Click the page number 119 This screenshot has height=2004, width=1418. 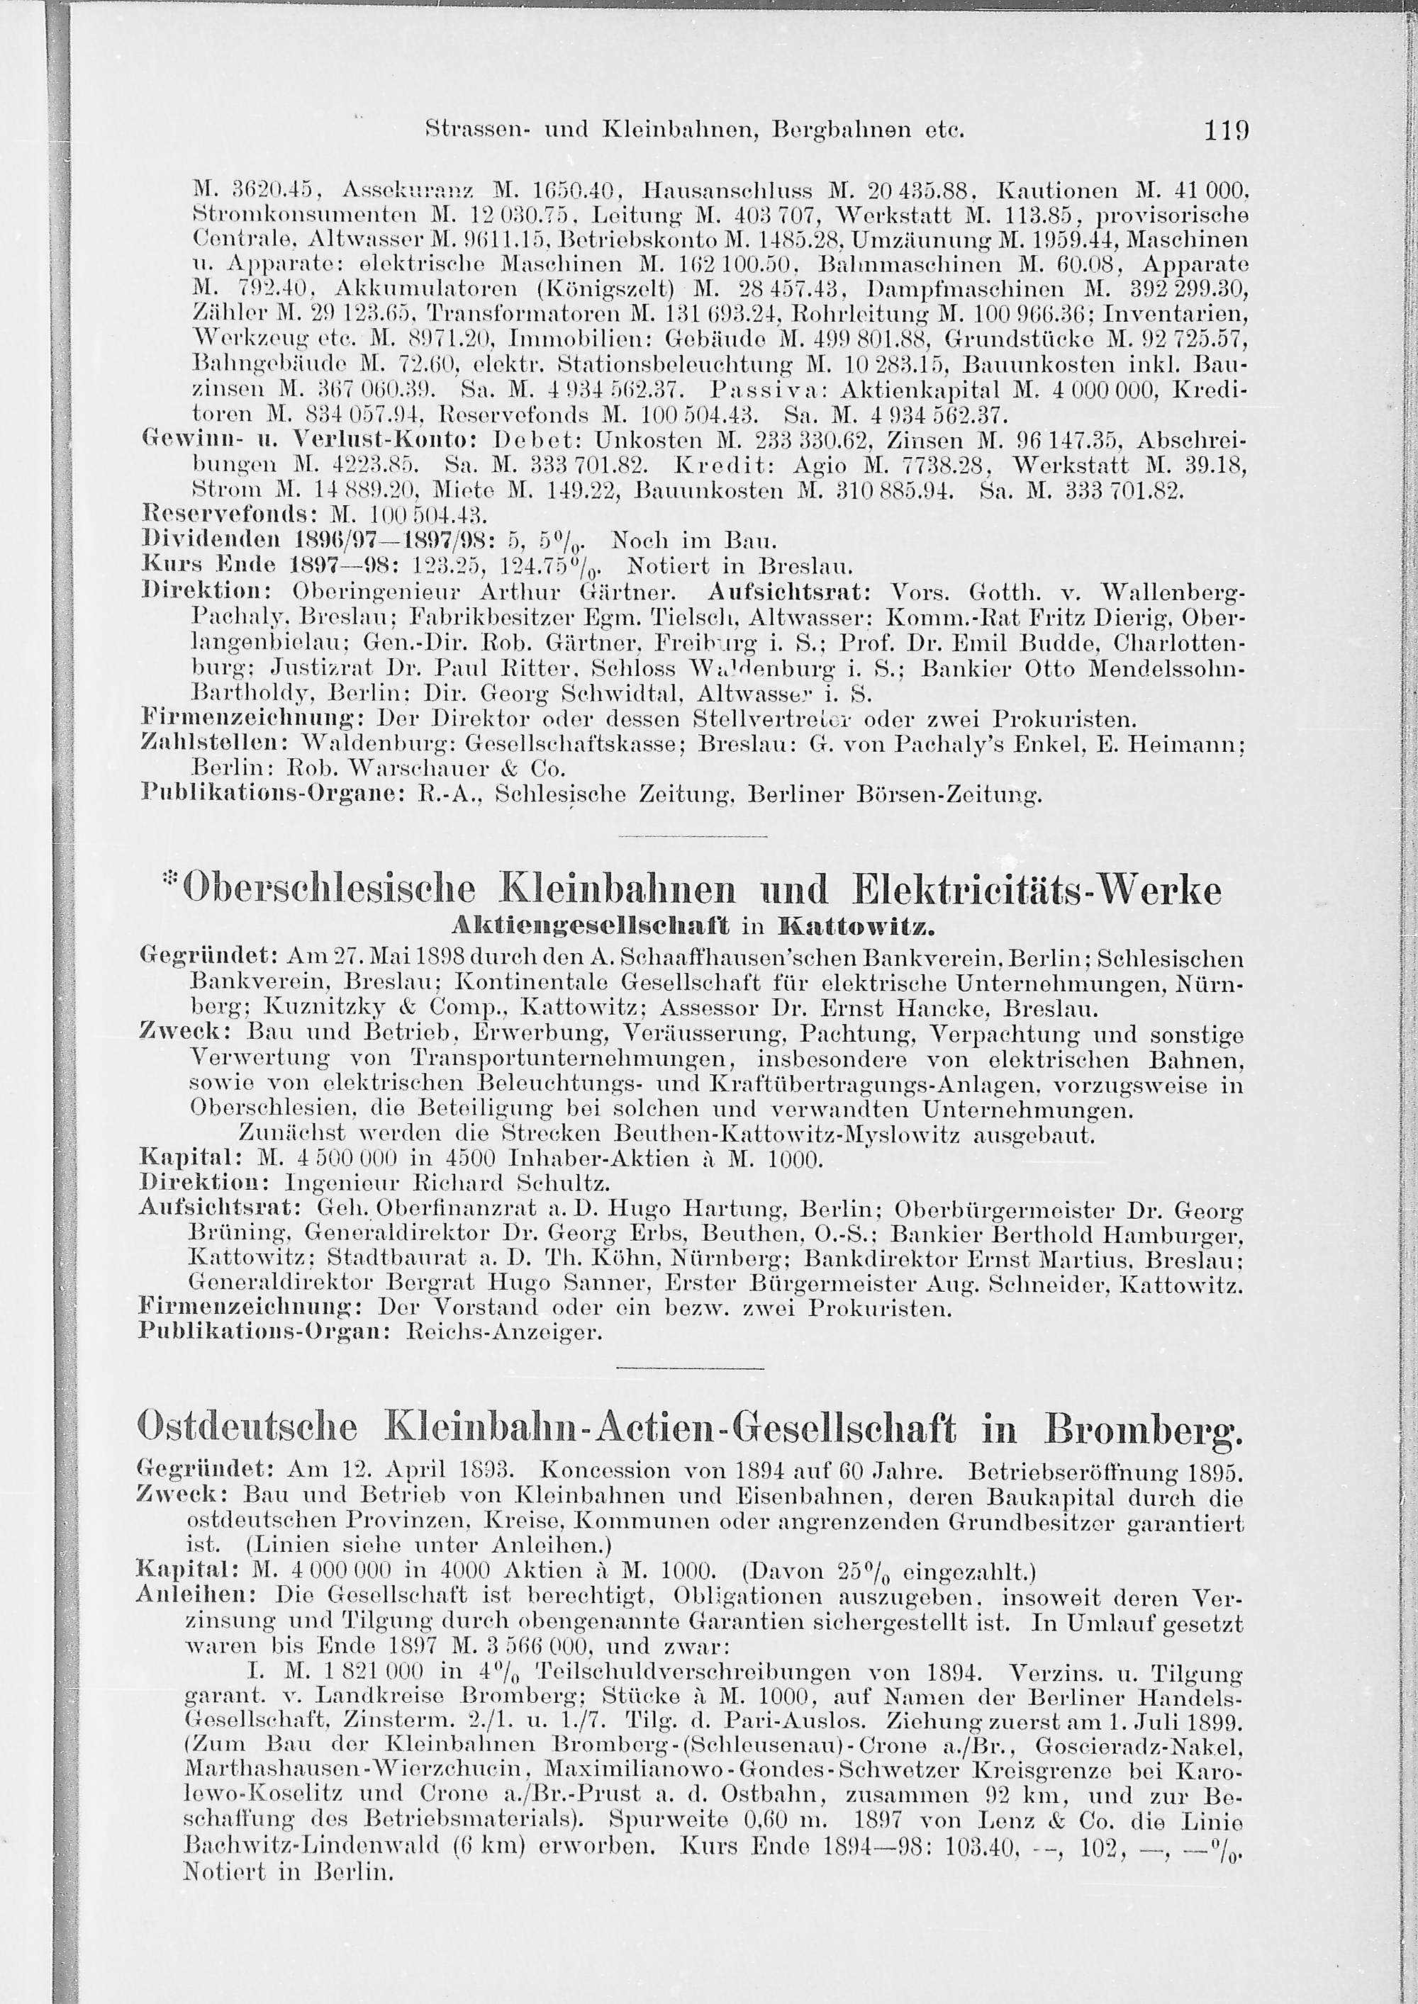click(x=1227, y=132)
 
